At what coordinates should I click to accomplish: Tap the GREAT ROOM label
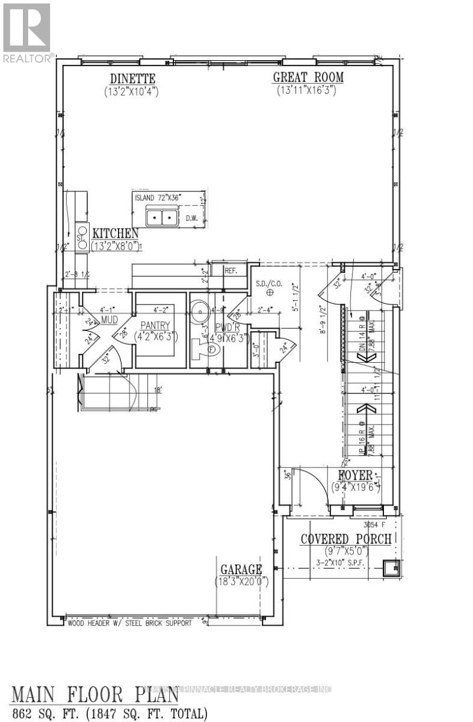(x=308, y=78)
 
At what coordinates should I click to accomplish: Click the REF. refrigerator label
(x=230, y=271)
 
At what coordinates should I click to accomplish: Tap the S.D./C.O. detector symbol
(x=270, y=292)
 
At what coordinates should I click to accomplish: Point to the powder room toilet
(x=200, y=348)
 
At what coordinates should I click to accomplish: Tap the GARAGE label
(x=240, y=569)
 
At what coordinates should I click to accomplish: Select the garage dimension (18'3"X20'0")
(x=241, y=582)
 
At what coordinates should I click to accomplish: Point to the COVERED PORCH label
(x=346, y=538)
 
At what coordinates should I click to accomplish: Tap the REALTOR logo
(x=26, y=31)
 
